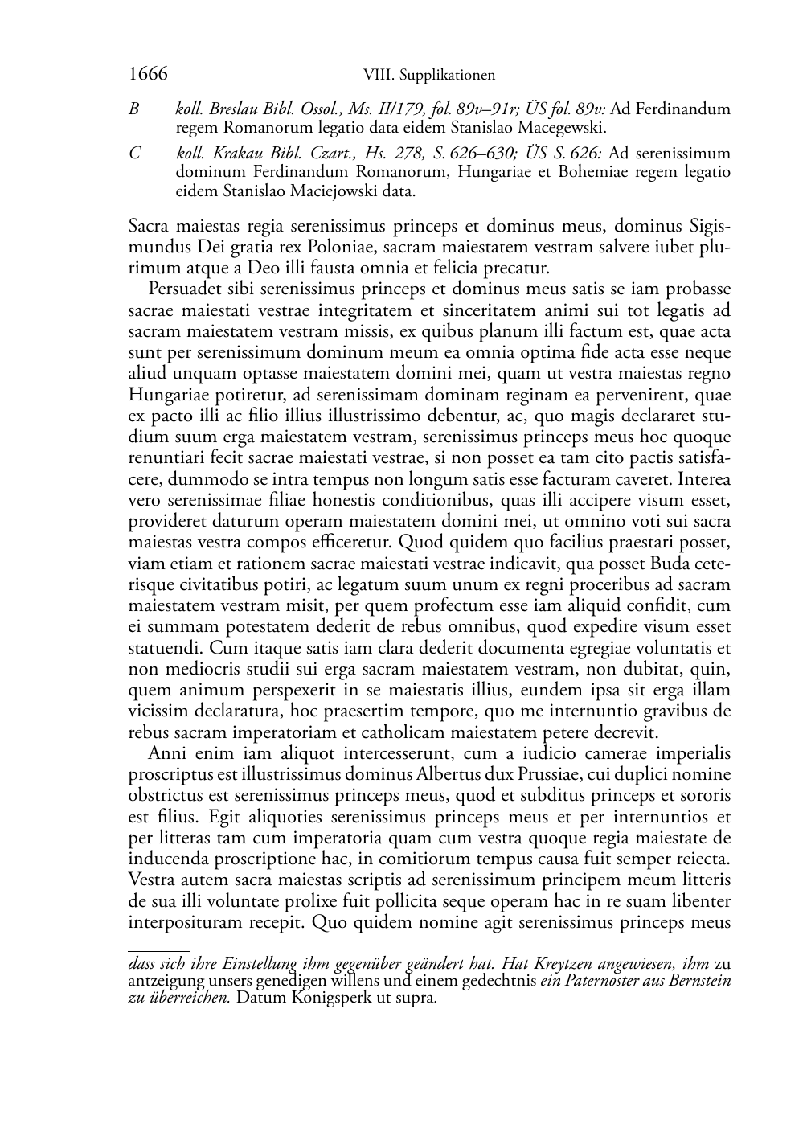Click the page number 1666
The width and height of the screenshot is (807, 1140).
tap(148, 75)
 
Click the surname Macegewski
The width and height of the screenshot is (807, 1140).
tap(561, 127)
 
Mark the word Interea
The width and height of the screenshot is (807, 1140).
tap(704, 480)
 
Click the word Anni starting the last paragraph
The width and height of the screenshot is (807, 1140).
tap(167, 753)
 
